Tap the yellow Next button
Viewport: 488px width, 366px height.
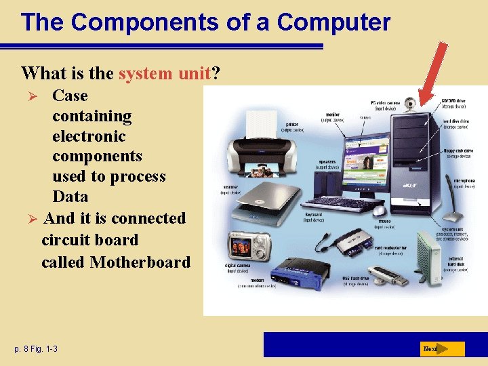tap(441, 349)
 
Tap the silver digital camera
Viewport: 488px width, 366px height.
tap(253, 246)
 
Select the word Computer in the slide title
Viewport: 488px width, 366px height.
tap(333, 22)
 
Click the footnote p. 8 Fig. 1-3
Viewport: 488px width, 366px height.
tap(36, 348)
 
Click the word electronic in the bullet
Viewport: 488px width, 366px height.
tap(89, 136)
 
